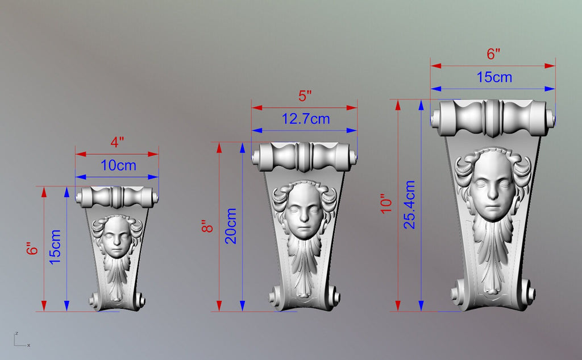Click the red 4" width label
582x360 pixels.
point(117,142)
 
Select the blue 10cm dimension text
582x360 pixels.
point(118,165)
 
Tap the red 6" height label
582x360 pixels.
point(32,248)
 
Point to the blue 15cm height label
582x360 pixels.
point(55,247)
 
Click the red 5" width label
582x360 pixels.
point(305,96)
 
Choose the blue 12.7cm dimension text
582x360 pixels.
point(305,119)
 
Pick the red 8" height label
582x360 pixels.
point(207,226)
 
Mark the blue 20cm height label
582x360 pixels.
point(231,226)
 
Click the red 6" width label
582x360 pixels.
point(493,54)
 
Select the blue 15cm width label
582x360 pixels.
point(494,77)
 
